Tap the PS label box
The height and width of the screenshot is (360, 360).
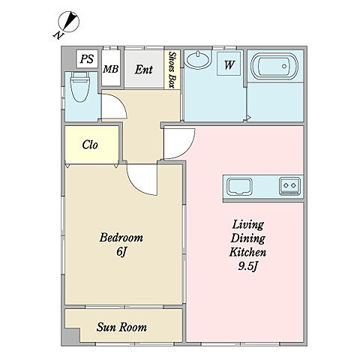(87, 59)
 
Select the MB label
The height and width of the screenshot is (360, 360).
(111, 69)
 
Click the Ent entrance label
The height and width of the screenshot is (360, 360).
(144, 70)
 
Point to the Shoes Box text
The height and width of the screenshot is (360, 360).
(171, 70)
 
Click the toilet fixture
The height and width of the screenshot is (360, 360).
(80, 86)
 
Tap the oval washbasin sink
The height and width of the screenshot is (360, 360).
(198, 59)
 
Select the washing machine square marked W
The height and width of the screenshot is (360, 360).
(229, 64)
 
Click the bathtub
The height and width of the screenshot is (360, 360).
(274, 66)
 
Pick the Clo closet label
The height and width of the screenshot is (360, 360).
(90, 145)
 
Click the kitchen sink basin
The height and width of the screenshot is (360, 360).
(239, 187)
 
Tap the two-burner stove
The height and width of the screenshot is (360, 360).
(289, 186)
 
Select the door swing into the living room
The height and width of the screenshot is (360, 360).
(185, 150)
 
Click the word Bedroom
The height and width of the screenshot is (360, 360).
(121, 238)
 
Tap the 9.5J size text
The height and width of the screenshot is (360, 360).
(247, 266)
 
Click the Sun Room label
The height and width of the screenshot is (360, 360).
(121, 327)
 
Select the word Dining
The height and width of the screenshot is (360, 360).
(247, 238)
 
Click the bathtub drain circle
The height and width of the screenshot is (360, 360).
(284, 66)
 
